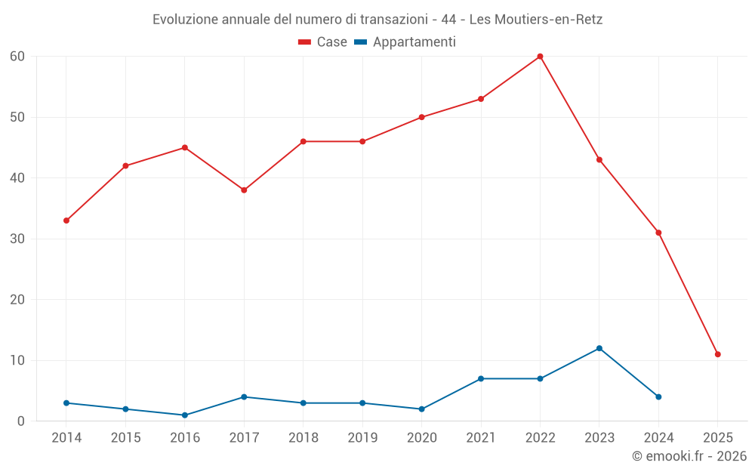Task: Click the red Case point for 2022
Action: point(540,57)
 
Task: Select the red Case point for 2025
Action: point(717,354)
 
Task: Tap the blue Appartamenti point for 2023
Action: point(599,348)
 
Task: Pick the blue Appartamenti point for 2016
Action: point(185,415)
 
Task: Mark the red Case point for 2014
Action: point(66,221)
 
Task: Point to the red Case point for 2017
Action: point(244,190)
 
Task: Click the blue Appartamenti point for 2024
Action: point(658,397)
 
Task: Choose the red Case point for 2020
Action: point(421,117)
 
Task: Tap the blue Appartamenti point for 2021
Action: point(481,378)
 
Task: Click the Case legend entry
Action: point(323,42)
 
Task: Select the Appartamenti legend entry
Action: point(405,42)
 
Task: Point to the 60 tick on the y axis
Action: point(17,57)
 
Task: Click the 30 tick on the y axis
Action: point(17,239)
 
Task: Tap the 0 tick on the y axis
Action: point(21,421)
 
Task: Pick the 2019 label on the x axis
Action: point(362,438)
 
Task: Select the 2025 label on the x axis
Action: point(717,438)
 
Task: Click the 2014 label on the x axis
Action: point(66,438)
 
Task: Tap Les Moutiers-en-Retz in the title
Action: point(541,19)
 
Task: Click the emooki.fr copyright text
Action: point(689,456)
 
